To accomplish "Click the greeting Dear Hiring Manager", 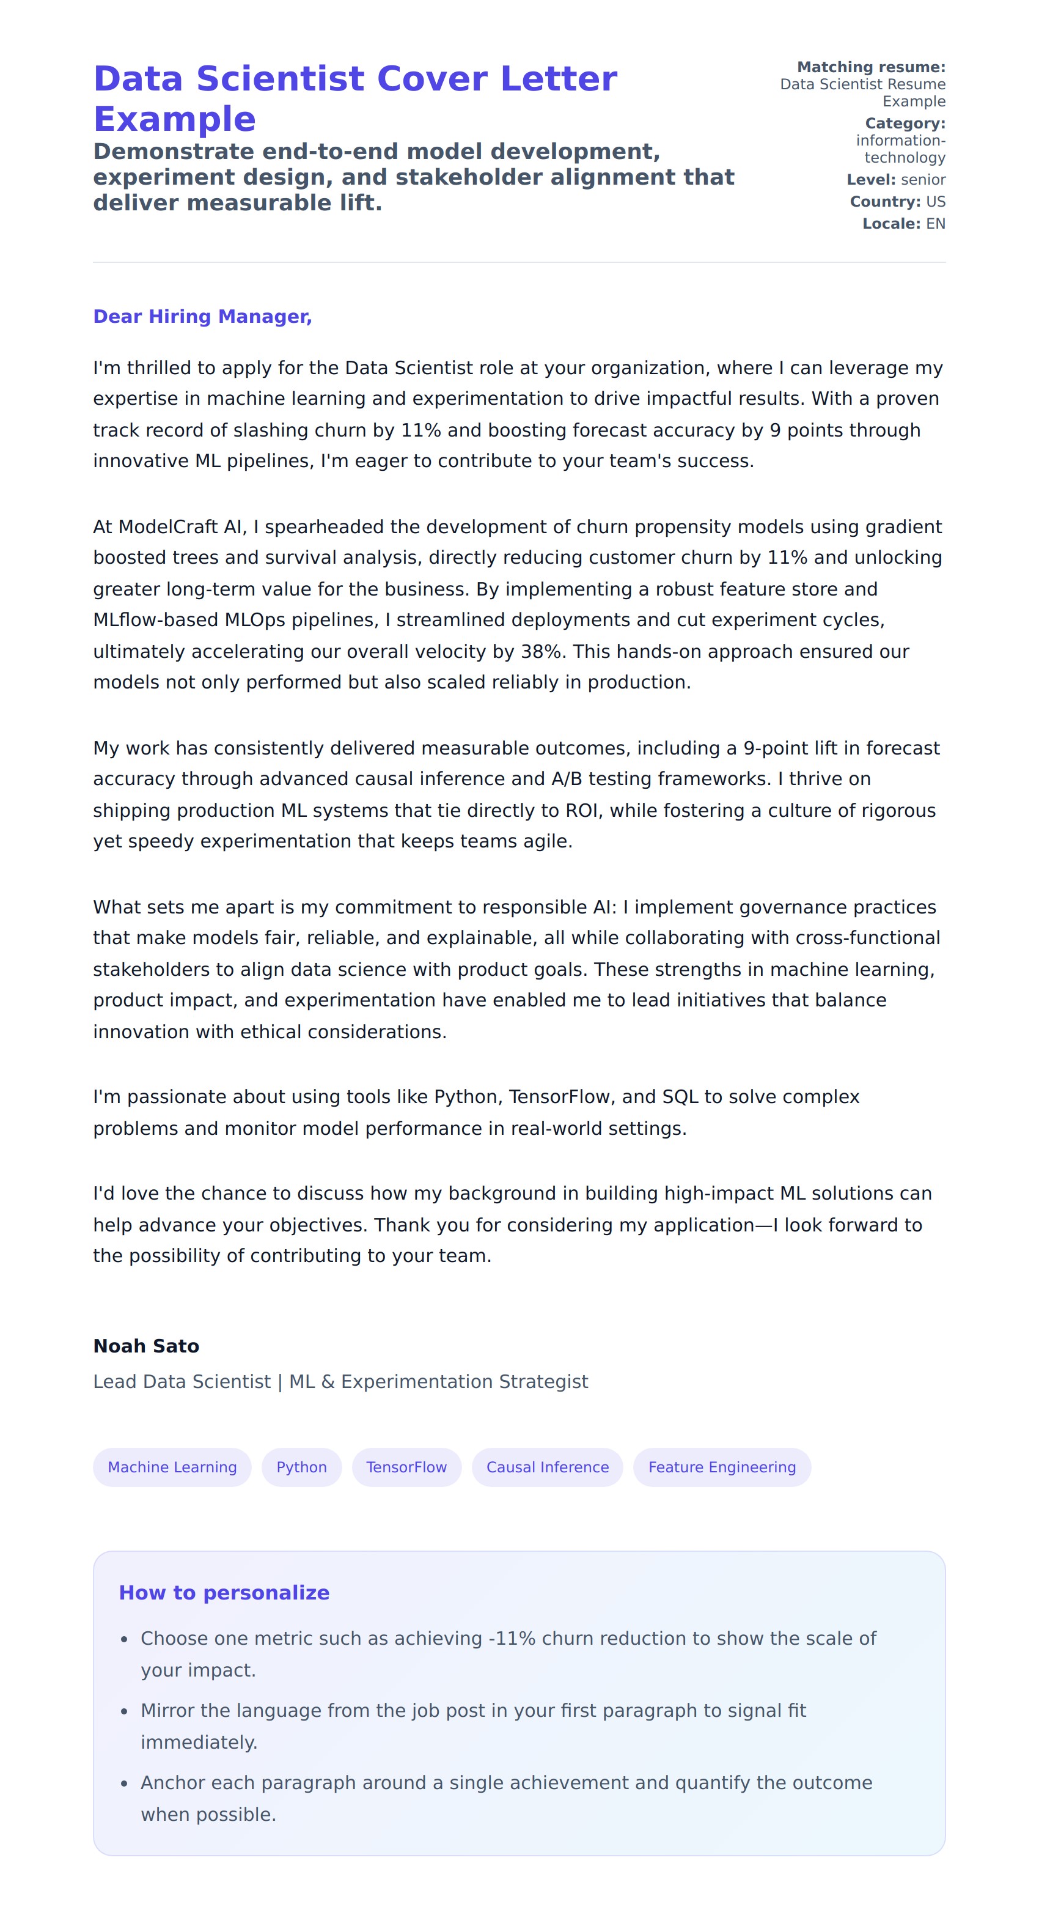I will pyautogui.click(x=202, y=317).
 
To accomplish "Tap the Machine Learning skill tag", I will pyautogui.click(x=172, y=1467).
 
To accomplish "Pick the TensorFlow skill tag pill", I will pyautogui.click(x=406, y=1467).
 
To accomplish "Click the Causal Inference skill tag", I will pyautogui.click(x=547, y=1467).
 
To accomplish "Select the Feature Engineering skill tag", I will pyautogui.click(x=722, y=1467).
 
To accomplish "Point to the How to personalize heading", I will pyautogui.click(x=224, y=1593).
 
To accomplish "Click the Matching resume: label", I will pyautogui.click(x=871, y=67).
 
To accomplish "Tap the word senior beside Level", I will pyautogui.click(x=923, y=180).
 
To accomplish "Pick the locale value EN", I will pyautogui.click(x=936, y=224).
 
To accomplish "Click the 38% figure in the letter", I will pyautogui.click(x=541, y=652).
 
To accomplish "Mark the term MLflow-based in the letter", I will pyautogui.click(x=155, y=620).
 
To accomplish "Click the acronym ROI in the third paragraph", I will pyautogui.click(x=582, y=810).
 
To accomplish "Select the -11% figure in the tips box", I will pyautogui.click(x=512, y=1639).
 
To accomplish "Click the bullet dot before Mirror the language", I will pyautogui.click(x=124, y=1711).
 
